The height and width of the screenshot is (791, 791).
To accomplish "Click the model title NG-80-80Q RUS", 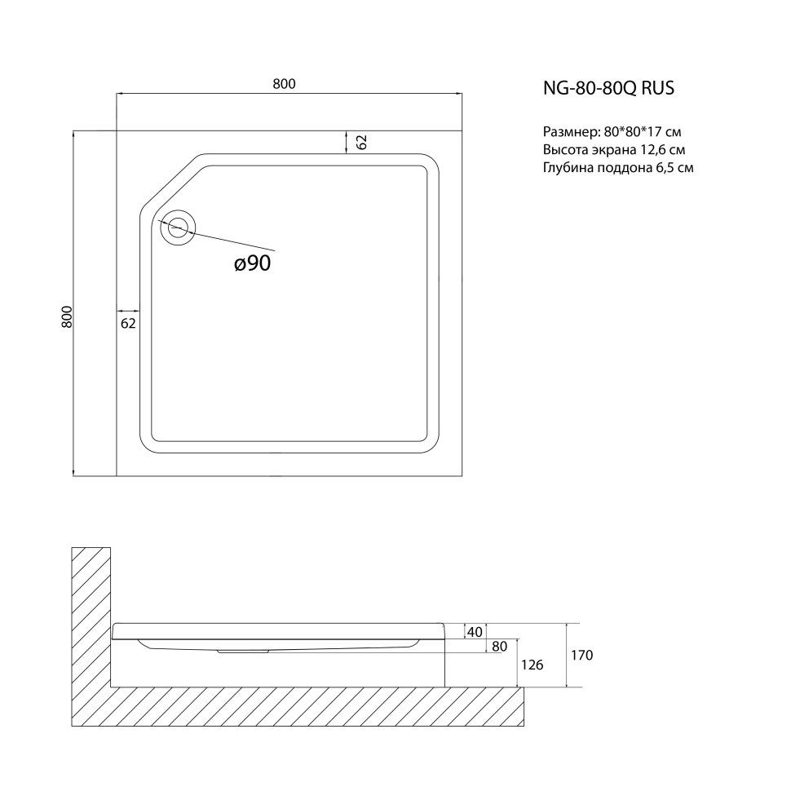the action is pos(608,88).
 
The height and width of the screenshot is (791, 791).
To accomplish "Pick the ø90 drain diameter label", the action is pos(252,263).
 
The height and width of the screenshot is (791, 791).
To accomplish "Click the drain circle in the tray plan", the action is pos(178,228).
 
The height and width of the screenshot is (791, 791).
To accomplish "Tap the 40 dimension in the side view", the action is pos(475,632).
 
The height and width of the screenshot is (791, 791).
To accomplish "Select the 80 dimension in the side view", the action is pos(499,646).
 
